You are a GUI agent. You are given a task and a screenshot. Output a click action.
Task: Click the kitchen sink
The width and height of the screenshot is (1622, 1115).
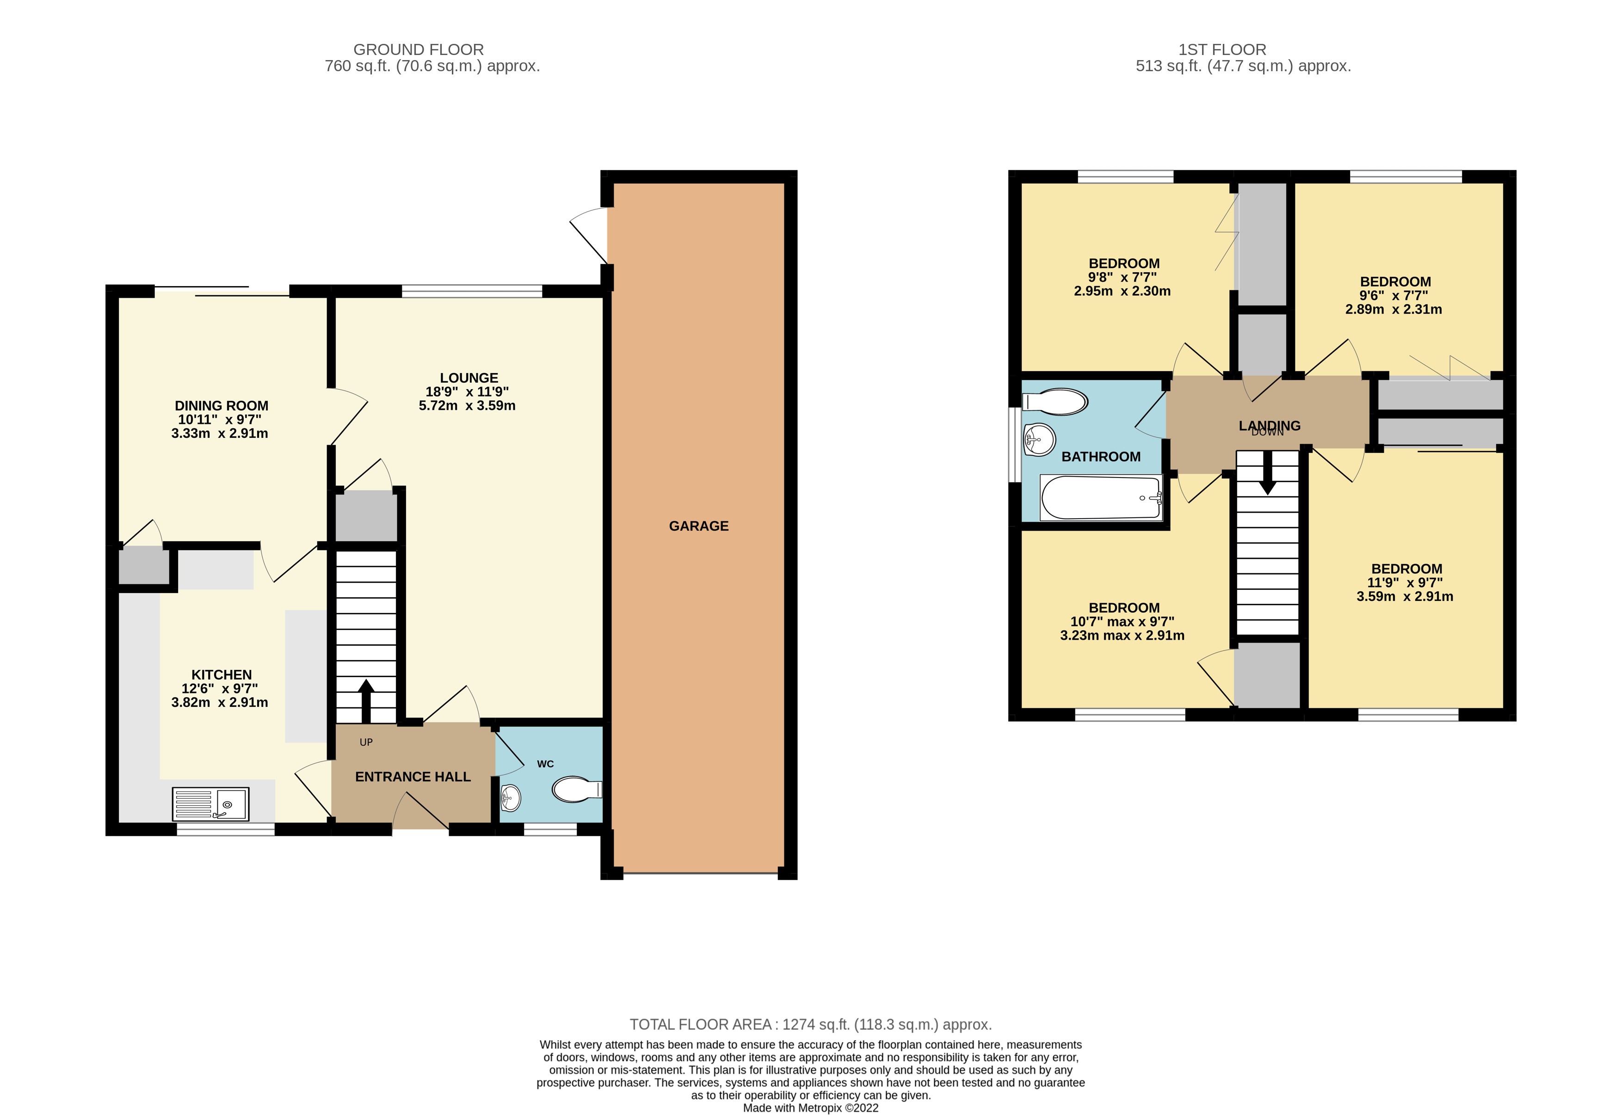coord(210,804)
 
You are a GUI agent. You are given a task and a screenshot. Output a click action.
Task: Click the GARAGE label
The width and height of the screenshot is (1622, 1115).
coord(698,526)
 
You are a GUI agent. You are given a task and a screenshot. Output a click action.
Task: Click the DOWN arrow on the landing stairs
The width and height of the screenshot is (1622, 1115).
coord(1267,478)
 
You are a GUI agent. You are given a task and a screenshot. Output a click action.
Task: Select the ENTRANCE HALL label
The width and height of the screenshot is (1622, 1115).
coord(412,777)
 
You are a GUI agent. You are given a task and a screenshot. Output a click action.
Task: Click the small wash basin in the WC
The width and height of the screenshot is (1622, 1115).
coord(511,797)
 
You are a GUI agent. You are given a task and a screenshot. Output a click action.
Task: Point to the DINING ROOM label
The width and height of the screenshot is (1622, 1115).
coord(222,406)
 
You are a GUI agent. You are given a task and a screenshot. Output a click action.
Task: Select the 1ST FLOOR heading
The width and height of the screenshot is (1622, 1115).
coord(1221,49)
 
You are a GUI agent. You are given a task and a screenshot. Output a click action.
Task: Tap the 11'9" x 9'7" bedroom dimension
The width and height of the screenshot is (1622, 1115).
coord(1405,582)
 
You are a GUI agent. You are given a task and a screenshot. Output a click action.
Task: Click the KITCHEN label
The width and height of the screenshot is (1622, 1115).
coord(222,675)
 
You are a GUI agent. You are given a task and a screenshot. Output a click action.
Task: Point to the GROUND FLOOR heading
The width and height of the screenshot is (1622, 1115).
coord(418,49)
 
